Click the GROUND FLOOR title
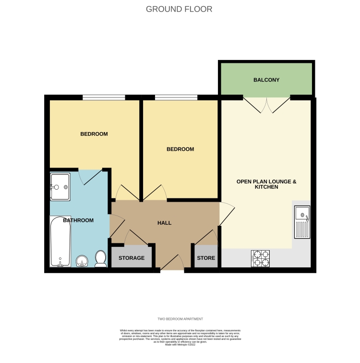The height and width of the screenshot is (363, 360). pos(179,9)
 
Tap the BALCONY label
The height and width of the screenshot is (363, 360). pos(266,80)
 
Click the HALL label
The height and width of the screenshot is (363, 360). pos(165,223)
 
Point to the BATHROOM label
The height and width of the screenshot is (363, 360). pos(78,220)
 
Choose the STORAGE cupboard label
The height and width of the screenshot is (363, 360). pos(132,258)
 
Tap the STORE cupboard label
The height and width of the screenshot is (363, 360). pos(206,258)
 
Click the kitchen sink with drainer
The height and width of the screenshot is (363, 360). pos(302,222)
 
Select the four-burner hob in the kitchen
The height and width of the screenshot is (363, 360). pos(260,258)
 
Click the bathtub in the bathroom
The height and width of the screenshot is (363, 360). pos(60,242)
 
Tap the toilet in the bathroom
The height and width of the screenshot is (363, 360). pos(101,259)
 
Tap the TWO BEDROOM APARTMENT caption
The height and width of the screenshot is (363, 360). pos(180,319)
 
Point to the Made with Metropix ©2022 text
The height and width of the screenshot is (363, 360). pos(180,344)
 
